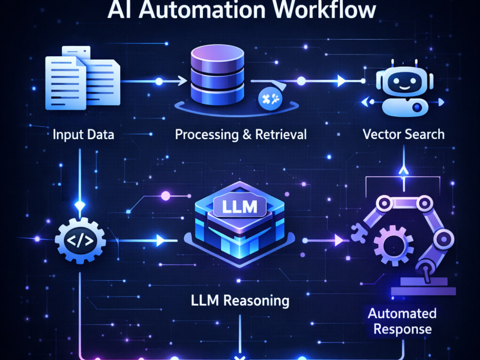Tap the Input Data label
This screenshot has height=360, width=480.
tap(83, 135)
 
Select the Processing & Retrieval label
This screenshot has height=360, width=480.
tap(240, 135)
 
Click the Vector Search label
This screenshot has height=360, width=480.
tap(404, 134)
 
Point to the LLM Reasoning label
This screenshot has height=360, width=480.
tap(240, 300)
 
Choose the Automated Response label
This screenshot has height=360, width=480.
tap(402, 322)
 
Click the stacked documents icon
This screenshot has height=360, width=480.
tap(83, 78)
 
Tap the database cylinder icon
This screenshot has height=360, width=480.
tap(217, 75)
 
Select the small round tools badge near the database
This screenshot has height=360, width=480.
tap(271, 98)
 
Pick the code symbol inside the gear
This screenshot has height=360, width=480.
tap(80, 240)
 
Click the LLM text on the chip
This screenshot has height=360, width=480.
tap(240, 206)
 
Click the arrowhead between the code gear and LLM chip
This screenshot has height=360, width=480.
tap(160, 240)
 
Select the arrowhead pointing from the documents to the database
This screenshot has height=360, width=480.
tap(182, 81)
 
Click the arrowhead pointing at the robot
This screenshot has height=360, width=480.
tap(341, 81)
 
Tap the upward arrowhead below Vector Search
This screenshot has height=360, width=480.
tap(404, 170)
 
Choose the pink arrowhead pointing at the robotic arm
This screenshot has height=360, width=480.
tap(338, 240)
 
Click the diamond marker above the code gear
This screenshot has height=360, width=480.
tap(80, 205)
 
